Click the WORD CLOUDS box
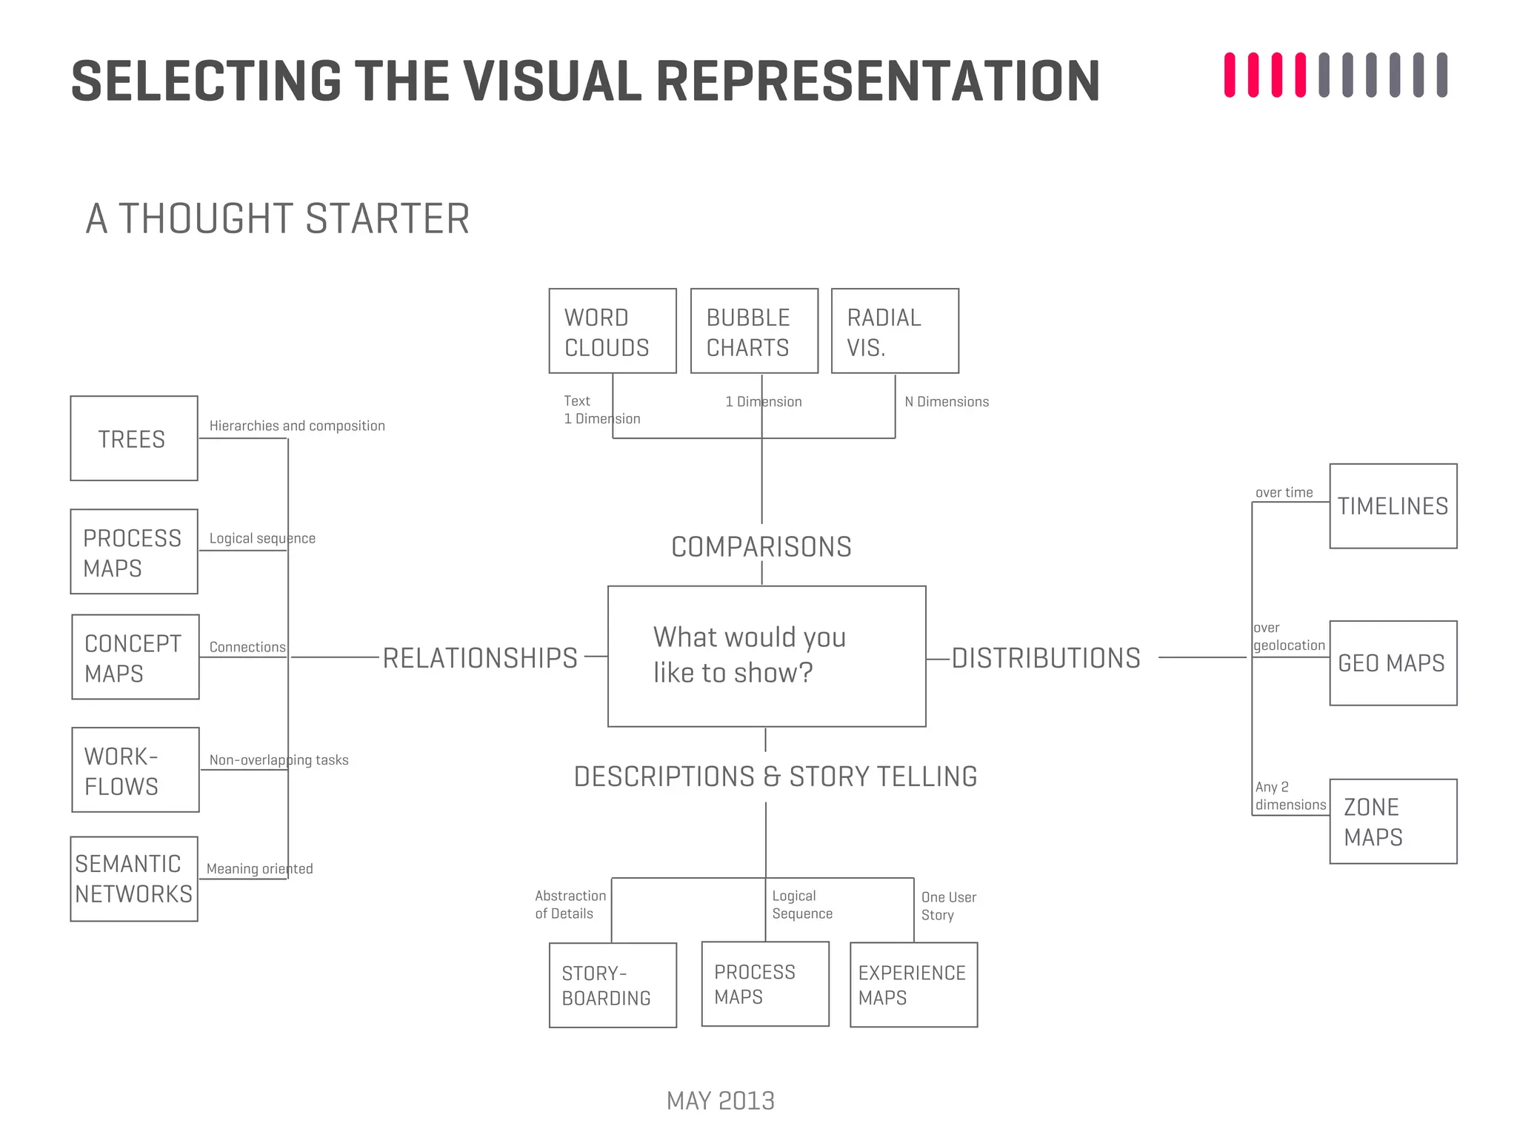[612, 331]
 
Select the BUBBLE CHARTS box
[753, 331]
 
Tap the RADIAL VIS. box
[895, 331]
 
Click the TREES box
[134, 438]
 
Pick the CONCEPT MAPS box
[136, 657]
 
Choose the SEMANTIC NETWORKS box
[134, 879]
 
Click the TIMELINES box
[1393, 506]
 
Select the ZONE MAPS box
[1393, 821]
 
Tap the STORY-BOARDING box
[613, 985]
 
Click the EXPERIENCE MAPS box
[913, 985]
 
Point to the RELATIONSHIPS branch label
[480, 658]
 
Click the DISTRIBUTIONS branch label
[1046, 658]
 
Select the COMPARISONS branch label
[761, 547]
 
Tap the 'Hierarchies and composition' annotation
[297, 426]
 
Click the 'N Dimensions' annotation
[947, 402]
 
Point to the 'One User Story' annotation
[948, 906]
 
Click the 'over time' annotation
[1284, 493]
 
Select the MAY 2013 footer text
[720, 1101]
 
